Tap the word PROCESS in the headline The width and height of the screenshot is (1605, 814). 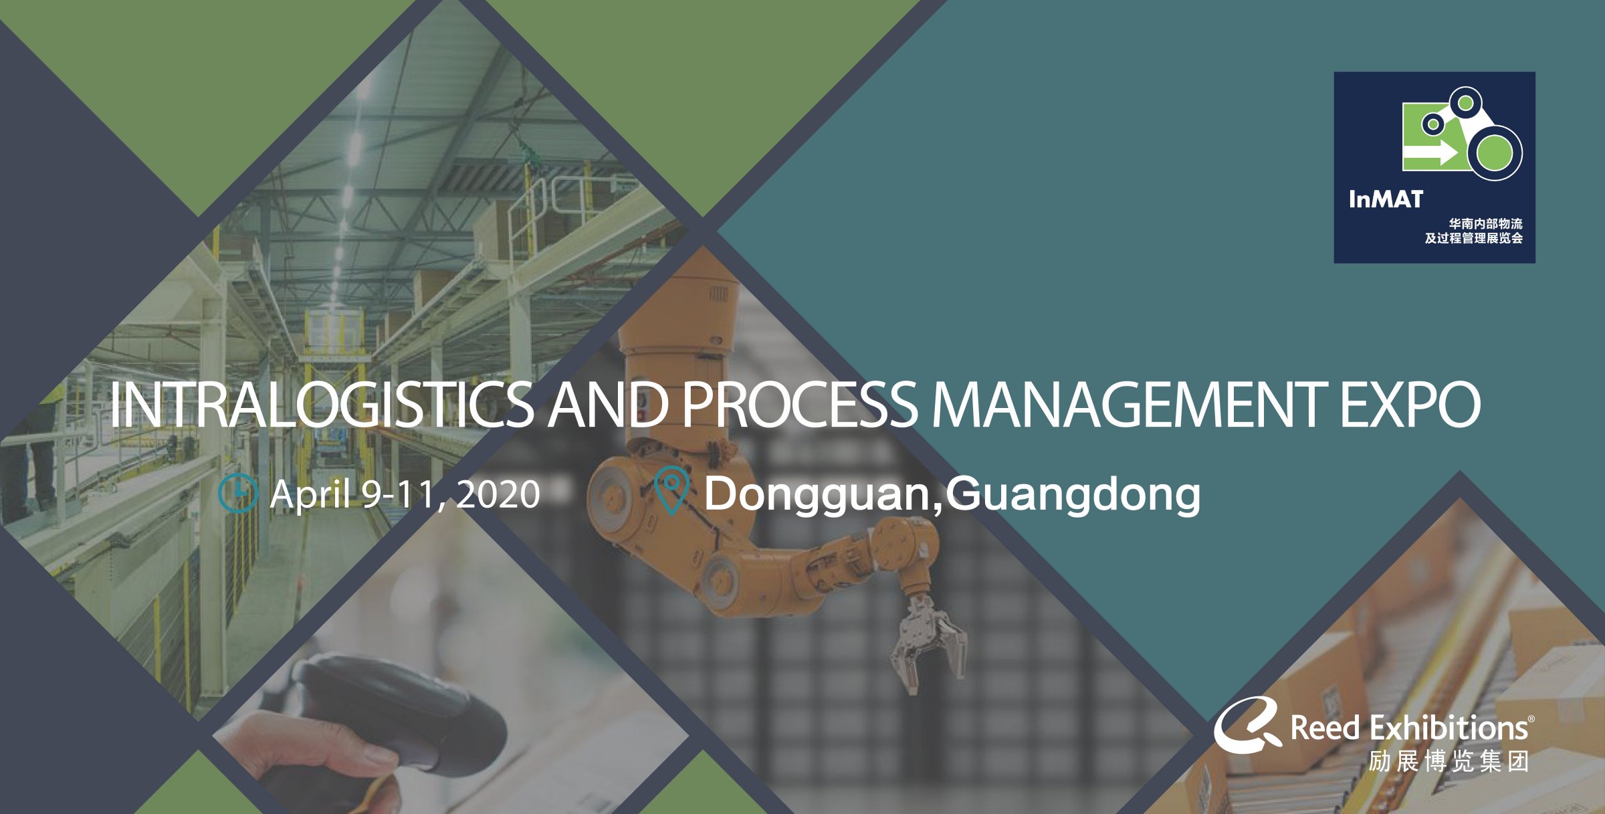click(800, 405)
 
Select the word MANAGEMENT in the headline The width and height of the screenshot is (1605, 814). click(1130, 405)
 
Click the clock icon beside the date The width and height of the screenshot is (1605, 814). click(238, 494)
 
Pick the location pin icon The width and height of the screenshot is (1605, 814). click(671, 491)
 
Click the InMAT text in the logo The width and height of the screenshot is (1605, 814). click(1386, 199)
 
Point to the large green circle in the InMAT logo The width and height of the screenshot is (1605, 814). click(1495, 152)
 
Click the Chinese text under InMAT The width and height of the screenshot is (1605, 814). click(1474, 231)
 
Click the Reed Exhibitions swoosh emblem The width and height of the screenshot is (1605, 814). click(1247, 724)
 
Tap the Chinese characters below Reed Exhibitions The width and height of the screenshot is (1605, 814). click(1449, 762)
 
